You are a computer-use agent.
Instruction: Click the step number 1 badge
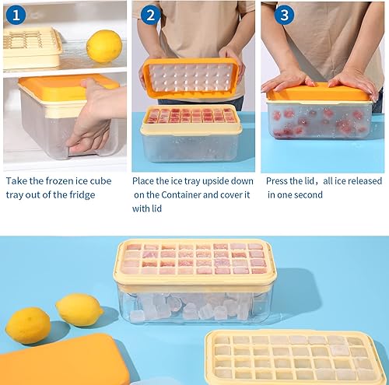tap(15, 15)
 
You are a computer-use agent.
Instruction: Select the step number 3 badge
tap(286, 15)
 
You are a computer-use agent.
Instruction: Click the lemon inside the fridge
tap(103, 46)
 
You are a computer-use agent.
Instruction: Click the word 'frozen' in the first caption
tap(66, 180)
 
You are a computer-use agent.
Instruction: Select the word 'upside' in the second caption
tap(211, 180)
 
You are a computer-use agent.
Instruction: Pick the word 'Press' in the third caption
tap(279, 180)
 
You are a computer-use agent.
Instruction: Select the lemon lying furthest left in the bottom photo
tap(28, 324)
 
